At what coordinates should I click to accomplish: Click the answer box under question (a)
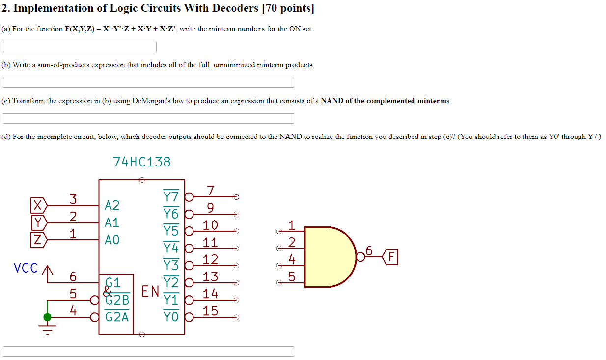point(80,47)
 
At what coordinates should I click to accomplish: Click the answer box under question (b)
point(148,83)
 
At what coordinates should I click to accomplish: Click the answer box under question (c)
point(148,119)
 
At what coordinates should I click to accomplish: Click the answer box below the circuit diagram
point(148,351)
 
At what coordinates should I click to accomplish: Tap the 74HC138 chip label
point(142,162)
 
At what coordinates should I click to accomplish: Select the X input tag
point(38,205)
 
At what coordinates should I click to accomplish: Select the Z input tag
point(38,240)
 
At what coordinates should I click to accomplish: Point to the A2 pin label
point(112,205)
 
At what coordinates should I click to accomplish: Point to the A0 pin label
point(112,240)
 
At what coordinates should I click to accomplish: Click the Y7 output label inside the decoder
point(171,196)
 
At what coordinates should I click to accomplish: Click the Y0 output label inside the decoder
point(171,317)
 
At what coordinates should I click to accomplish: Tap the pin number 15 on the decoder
point(210,311)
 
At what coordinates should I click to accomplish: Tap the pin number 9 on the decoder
point(210,208)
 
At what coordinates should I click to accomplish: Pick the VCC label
point(26,268)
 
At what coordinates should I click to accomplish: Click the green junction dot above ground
point(47,317)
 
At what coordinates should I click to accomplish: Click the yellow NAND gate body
point(327,257)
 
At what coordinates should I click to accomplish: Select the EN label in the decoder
point(150,292)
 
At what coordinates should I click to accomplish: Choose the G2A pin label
point(117,317)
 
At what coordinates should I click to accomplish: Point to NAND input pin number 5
point(292,277)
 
